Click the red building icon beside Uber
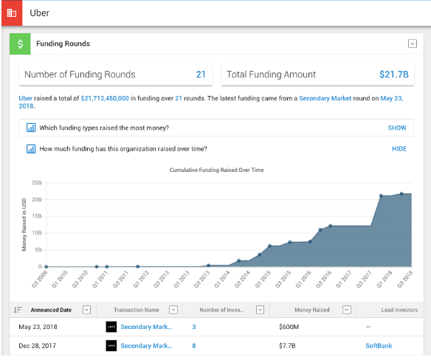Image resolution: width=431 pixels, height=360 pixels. (x=10, y=13)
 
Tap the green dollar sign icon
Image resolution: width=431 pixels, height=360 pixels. (x=20, y=44)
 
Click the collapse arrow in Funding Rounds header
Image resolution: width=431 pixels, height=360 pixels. (x=413, y=44)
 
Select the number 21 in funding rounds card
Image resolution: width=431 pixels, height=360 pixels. (x=200, y=75)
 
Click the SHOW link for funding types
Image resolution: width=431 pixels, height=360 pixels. (x=397, y=128)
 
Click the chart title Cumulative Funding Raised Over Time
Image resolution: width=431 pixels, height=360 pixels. (x=216, y=170)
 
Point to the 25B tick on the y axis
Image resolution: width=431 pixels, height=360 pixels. (x=35, y=182)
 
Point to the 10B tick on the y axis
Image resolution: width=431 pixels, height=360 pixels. (x=35, y=232)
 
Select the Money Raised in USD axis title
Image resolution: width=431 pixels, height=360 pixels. (x=24, y=224)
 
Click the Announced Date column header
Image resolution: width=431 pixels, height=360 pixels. (x=51, y=310)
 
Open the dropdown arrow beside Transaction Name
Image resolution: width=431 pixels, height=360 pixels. (x=173, y=310)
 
